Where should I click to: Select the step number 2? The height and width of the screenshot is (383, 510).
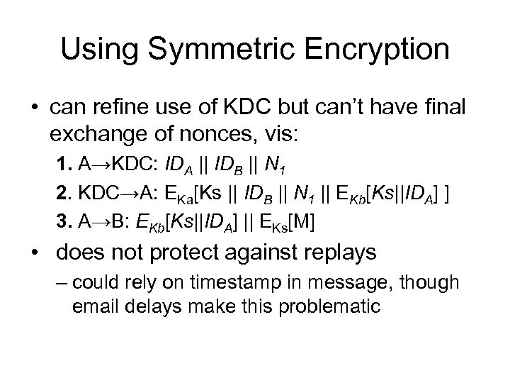[63, 194]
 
